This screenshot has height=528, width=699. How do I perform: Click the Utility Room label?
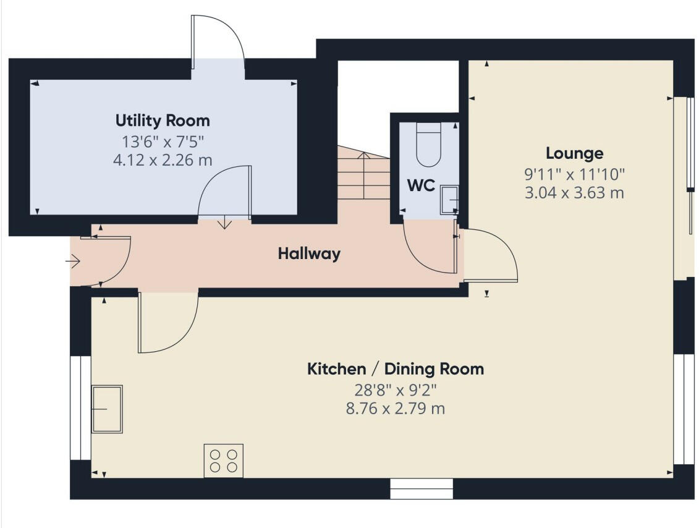(x=163, y=120)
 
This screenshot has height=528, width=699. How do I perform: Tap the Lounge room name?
(x=574, y=153)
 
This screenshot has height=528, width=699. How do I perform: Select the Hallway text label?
(x=309, y=253)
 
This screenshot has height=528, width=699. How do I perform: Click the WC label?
(x=421, y=185)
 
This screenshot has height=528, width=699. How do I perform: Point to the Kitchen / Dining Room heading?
(x=396, y=369)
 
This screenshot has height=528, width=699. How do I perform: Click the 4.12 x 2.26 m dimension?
(x=163, y=160)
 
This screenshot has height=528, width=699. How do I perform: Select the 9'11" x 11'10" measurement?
(x=574, y=174)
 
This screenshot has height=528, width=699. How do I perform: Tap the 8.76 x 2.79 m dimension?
(x=396, y=409)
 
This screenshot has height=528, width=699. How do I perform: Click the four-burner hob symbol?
(x=224, y=461)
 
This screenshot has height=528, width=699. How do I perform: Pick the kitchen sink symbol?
(x=108, y=409)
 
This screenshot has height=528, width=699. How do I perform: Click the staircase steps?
(x=363, y=176)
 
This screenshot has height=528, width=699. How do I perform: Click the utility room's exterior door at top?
(x=218, y=40)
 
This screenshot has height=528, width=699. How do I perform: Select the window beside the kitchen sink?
(x=80, y=408)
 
